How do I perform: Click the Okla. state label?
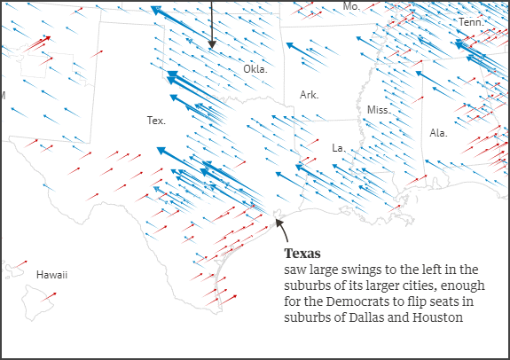[x=255, y=69]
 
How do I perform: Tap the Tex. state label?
[x=156, y=120]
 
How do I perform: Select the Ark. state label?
[x=309, y=95]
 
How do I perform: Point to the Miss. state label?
[x=378, y=109]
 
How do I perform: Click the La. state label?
[x=338, y=147]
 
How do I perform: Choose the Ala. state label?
[x=438, y=133]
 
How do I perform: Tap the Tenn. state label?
[x=471, y=21]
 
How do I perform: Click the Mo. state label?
[x=351, y=6]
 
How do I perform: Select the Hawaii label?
[x=52, y=276]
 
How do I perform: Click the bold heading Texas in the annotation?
[x=302, y=254]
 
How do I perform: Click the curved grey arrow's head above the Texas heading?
[x=279, y=223]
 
